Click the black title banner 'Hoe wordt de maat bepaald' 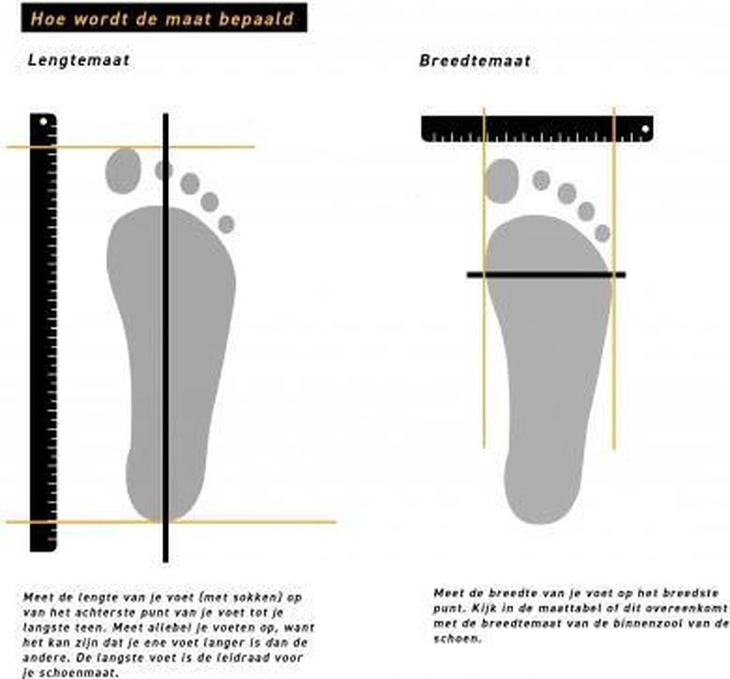tap(164, 18)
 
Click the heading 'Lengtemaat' tap(78, 60)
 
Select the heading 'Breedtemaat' tap(475, 61)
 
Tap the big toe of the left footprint tap(123, 170)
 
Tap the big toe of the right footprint tap(501, 181)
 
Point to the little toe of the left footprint tap(226, 225)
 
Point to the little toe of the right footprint tap(602, 233)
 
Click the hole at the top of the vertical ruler tap(43, 121)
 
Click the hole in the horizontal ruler tap(645, 129)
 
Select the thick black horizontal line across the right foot tap(546, 274)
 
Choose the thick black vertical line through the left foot tap(166, 338)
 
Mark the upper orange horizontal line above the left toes tap(131, 147)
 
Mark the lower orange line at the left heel tap(172, 521)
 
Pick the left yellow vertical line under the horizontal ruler tap(484, 278)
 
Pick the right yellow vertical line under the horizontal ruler tap(613, 278)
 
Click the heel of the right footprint tap(543, 496)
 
